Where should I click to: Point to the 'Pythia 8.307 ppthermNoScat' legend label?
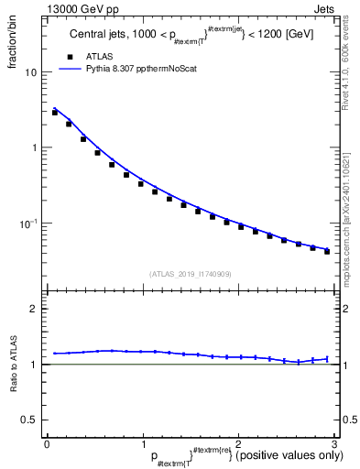(x=145, y=68)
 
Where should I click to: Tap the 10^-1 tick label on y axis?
(x=28, y=224)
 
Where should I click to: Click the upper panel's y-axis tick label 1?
(x=35, y=148)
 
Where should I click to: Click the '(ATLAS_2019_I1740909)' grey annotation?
(x=191, y=273)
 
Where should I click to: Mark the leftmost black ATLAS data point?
(x=55, y=112)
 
